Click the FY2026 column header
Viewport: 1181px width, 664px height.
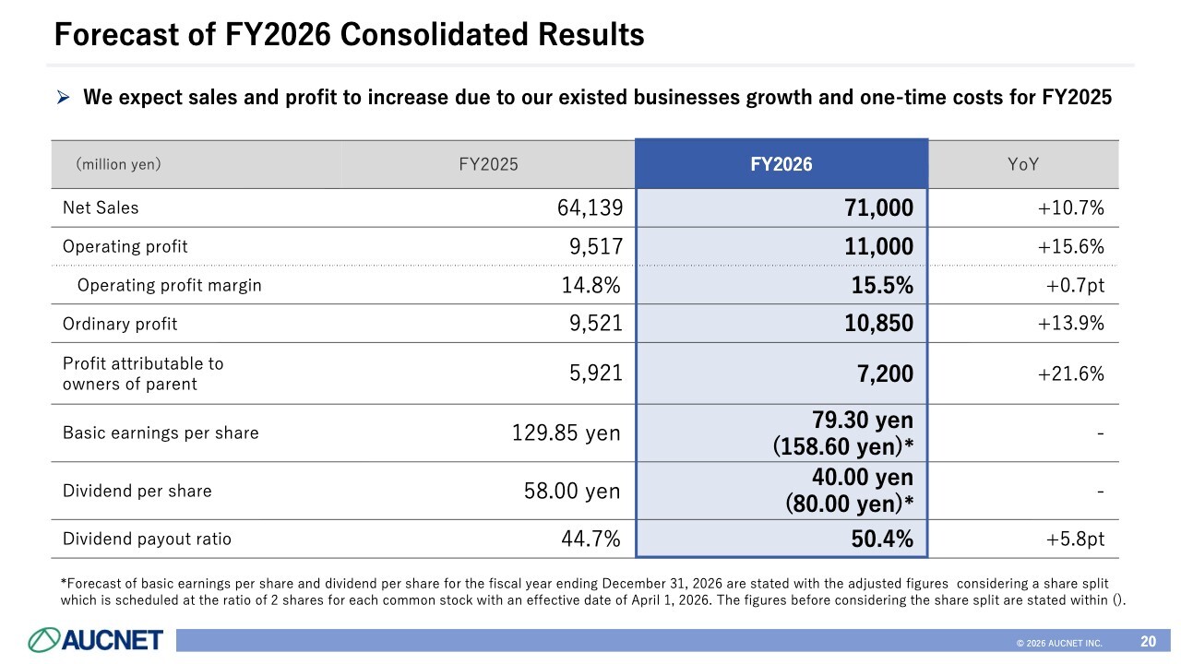click(x=781, y=165)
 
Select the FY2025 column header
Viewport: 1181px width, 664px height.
click(x=488, y=165)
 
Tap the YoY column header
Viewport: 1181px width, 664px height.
click(x=1023, y=165)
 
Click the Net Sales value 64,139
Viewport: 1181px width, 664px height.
click(x=590, y=208)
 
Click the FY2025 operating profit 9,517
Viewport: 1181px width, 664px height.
click(x=596, y=247)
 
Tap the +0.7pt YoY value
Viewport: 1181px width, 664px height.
click(x=1075, y=286)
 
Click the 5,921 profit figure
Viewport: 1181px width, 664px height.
click(x=596, y=373)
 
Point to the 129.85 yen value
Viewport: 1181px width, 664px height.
click(x=566, y=433)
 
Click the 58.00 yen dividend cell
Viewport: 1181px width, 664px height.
click(x=572, y=491)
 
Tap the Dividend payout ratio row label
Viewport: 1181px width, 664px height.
click(x=146, y=539)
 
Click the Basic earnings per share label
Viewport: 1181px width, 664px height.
click(x=160, y=433)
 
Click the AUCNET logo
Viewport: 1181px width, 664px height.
click(x=96, y=639)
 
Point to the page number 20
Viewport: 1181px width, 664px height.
click(x=1148, y=641)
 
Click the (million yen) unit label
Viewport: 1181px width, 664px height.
click(x=118, y=165)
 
